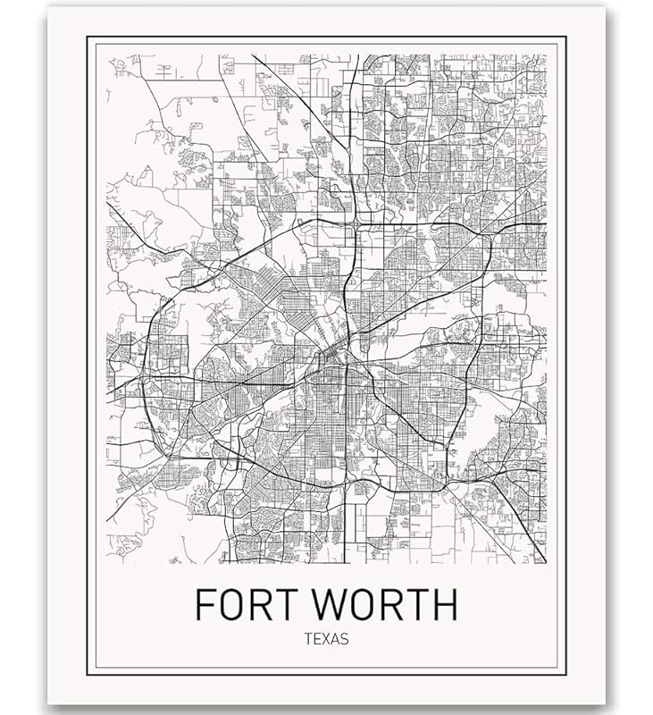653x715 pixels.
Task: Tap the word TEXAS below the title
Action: click(325, 639)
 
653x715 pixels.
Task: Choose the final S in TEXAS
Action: click(344, 639)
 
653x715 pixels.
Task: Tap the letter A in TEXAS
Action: click(335, 639)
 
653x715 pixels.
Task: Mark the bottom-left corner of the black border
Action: click(88, 673)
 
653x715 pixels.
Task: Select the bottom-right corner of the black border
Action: click(565, 673)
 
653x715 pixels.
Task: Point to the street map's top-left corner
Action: click(107, 55)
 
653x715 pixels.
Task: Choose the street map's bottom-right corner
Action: click(546, 563)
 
